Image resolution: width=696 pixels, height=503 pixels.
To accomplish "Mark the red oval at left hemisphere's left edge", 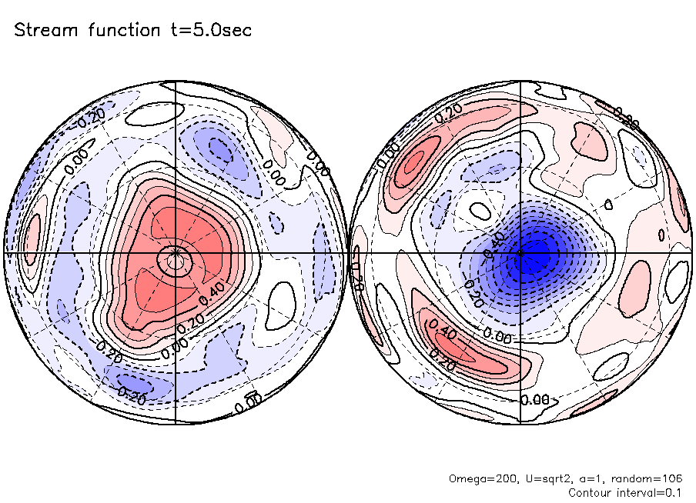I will click(32, 235).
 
